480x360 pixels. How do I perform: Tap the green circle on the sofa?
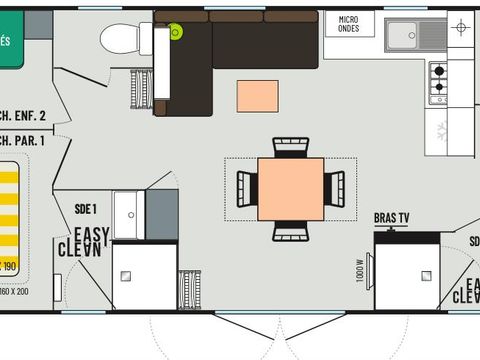(x=176, y=32)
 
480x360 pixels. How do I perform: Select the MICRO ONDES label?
(x=349, y=24)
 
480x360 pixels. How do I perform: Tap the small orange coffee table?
(x=257, y=96)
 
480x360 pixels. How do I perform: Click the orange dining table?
(x=290, y=189)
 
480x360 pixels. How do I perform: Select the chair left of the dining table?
(x=246, y=189)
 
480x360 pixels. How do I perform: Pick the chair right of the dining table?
(x=334, y=188)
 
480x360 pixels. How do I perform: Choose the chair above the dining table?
(x=290, y=147)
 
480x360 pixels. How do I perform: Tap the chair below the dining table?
(x=290, y=231)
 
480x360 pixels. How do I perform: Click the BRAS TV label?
(x=391, y=217)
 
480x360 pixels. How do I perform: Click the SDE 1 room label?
(x=85, y=209)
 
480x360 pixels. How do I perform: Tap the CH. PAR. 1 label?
(x=22, y=140)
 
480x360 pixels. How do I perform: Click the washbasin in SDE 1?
(x=128, y=214)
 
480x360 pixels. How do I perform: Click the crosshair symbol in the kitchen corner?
(x=460, y=27)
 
